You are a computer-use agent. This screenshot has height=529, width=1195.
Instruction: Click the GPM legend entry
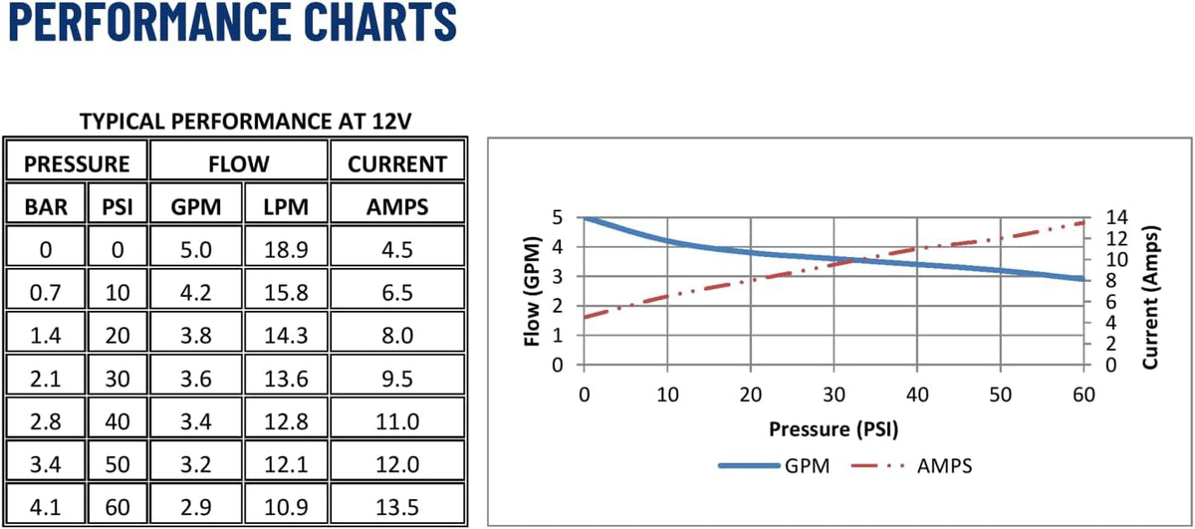point(775,466)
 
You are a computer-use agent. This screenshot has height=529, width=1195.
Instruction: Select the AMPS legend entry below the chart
point(911,466)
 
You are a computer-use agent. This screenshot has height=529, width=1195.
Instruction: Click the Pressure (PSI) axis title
point(834,429)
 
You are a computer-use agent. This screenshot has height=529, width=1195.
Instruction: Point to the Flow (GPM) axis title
point(533,291)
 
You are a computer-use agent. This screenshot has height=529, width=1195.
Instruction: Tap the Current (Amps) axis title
point(1151,297)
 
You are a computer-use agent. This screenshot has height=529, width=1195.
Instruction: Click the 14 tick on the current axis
point(1116,217)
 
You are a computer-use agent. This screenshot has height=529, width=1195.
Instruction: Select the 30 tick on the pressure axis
point(834,396)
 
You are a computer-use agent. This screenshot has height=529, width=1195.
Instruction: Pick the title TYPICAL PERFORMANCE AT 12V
point(245,122)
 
